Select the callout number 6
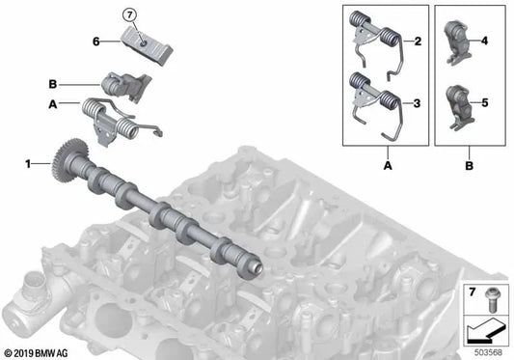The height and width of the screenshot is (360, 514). click(x=96, y=42)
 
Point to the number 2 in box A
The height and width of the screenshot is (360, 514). click(x=418, y=42)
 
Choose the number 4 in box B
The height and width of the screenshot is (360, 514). click(x=484, y=42)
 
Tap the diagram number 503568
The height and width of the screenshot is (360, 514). click(x=487, y=351)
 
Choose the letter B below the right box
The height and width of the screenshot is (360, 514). click(x=469, y=165)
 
